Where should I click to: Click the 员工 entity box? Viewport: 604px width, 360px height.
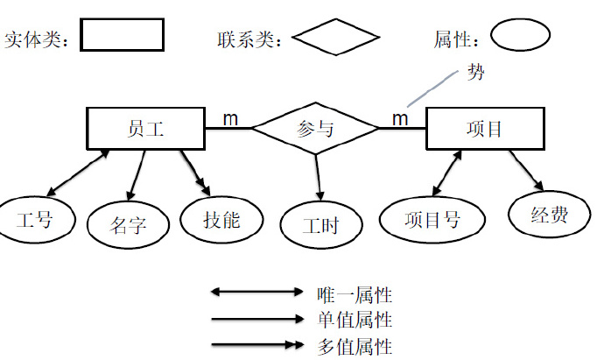(x=145, y=129)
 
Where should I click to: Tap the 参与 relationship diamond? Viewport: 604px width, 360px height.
(x=316, y=129)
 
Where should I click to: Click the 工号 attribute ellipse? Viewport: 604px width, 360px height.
(x=35, y=219)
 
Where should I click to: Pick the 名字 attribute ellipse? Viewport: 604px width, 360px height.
(x=128, y=225)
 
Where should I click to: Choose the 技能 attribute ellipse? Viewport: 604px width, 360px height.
(x=221, y=219)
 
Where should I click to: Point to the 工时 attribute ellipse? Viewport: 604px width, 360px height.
(x=320, y=226)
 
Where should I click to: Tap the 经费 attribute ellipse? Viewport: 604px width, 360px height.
(x=549, y=215)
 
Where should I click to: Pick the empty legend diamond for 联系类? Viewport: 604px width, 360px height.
(x=335, y=38)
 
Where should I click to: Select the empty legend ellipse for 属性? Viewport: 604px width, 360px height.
(x=520, y=37)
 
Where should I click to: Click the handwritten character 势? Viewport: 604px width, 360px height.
(x=476, y=73)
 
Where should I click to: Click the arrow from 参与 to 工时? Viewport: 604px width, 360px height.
(x=319, y=178)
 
